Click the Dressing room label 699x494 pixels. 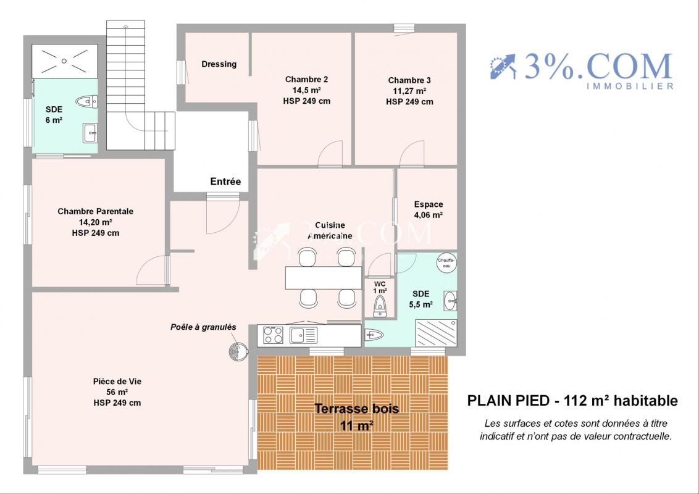tap(219, 64)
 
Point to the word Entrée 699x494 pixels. tap(225, 182)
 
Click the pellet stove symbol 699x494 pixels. tap(238, 351)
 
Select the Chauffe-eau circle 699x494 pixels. tap(446, 263)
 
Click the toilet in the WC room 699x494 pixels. tap(380, 306)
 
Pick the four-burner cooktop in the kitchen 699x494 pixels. tap(274, 335)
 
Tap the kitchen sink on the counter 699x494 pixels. tap(304, 335)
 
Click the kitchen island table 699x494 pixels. tap(324, 278)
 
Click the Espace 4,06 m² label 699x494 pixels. tap(429, 209)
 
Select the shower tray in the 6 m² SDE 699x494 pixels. tap(65, 61)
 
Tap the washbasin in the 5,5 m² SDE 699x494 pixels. tap(450, 301)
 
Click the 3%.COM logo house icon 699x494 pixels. tap(503, 67)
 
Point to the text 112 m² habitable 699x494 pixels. tap(621, 401)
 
